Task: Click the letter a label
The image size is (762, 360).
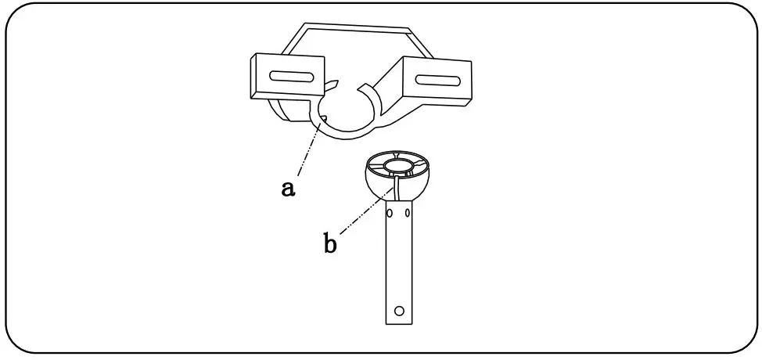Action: pyautogui.click(x=289, y=189)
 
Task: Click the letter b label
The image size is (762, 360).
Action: pyautogui.click(x=330, y=243)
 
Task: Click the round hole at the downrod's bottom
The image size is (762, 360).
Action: pyautogui.click(x=399, y=311)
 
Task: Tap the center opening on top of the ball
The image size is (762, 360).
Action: pyautogui.click(x=398, y=164)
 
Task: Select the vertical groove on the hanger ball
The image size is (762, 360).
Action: pyautogui.click(x=397, y=187)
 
